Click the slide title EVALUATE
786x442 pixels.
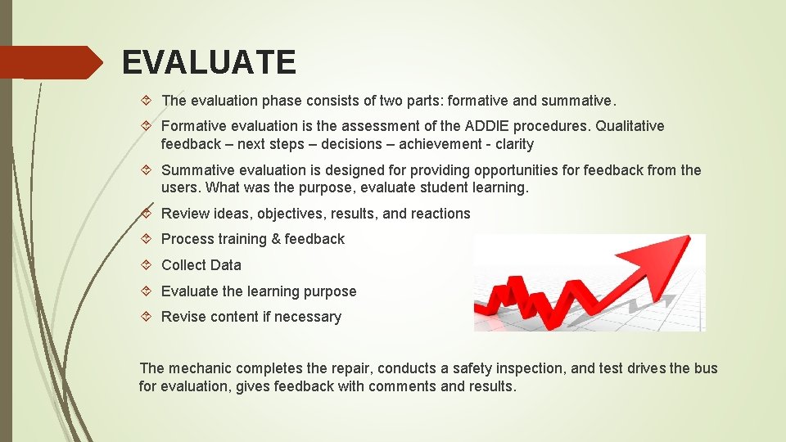pyautogui.click(x=209, y=62)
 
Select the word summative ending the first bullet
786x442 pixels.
pyautogui.click(x=578, y=101)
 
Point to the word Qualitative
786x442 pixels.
pyautogui.click(x=630, y=126)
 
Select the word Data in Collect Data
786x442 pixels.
pyautogui.click(x=225, y=265)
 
